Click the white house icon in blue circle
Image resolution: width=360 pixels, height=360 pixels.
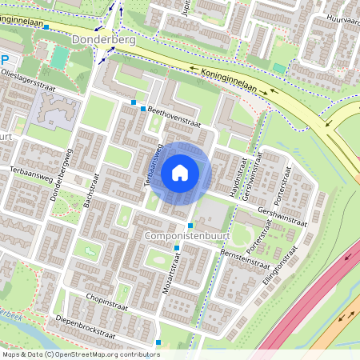pos(180,172)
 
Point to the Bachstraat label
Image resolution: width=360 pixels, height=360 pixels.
pos(89,190)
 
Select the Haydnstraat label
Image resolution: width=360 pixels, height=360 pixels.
pos(235,174)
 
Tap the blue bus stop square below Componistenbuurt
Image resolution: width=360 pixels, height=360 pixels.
pos(177,248)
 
